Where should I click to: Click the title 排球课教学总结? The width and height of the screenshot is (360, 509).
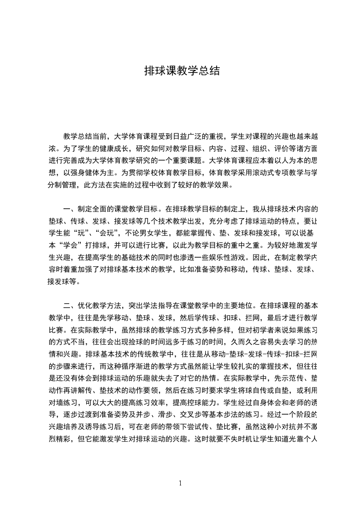(182, 71)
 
